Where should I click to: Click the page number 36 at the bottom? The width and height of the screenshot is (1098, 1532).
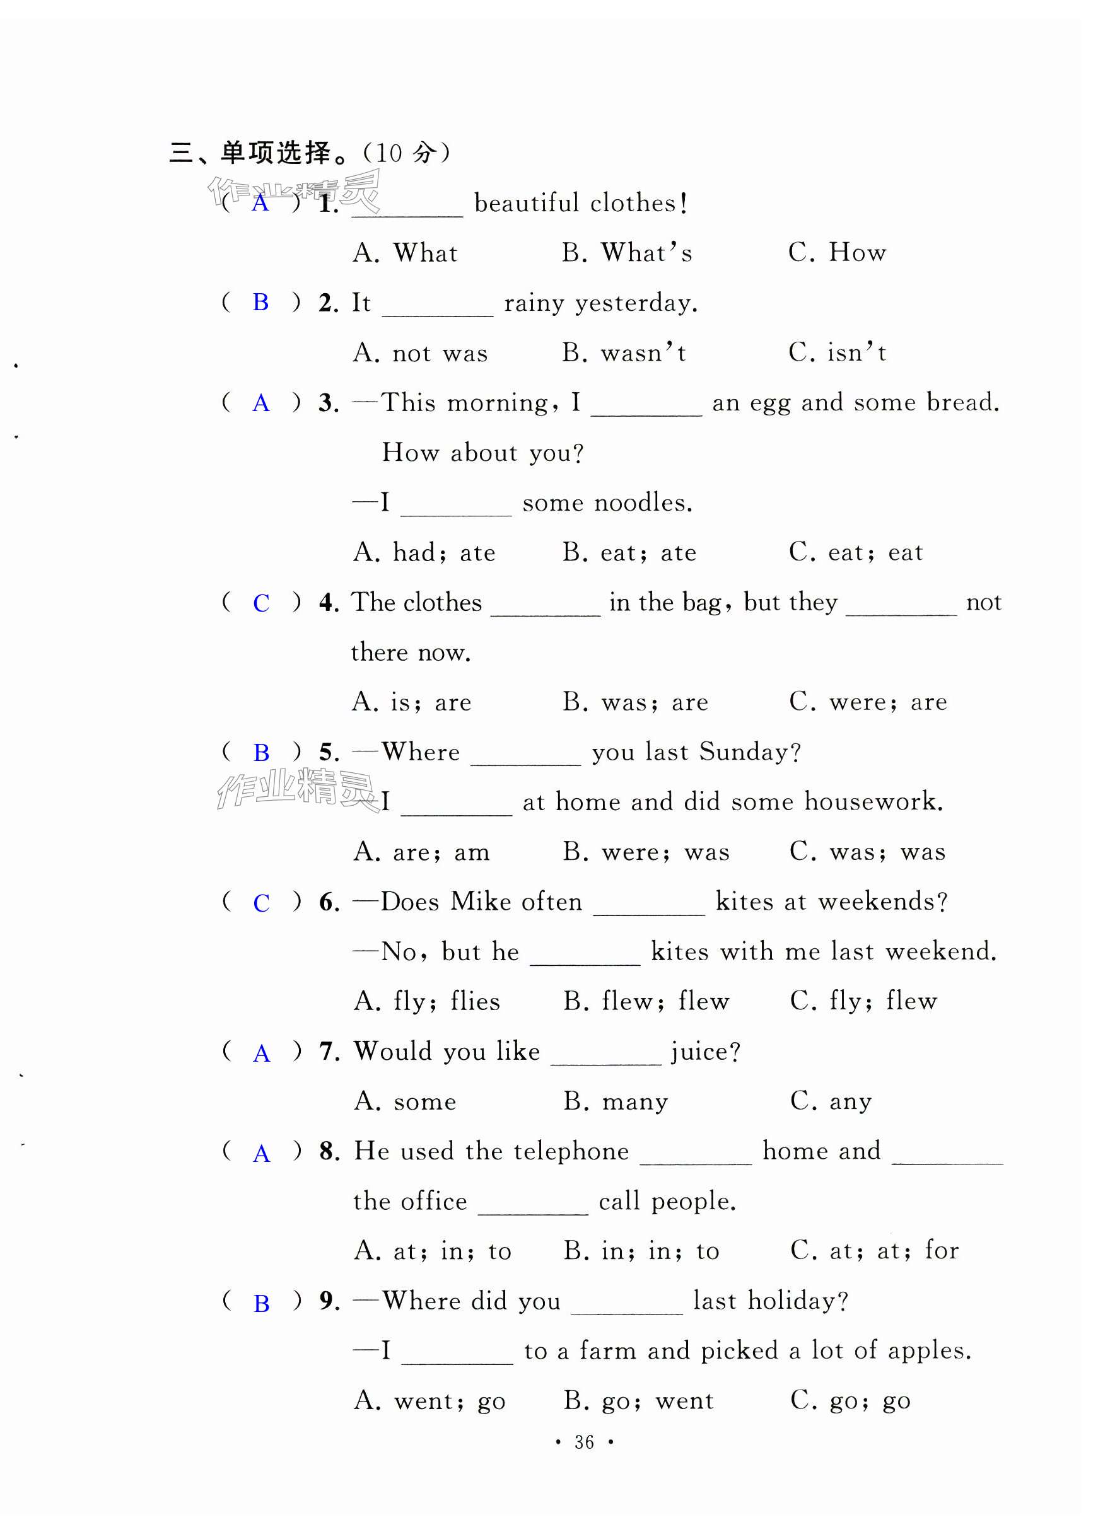click(584, 1442)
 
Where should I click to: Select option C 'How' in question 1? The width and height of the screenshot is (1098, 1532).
click(837, 253)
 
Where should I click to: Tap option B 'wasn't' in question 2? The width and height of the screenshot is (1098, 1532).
click(624, 352)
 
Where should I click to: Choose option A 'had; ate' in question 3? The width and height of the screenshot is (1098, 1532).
click(424, 552)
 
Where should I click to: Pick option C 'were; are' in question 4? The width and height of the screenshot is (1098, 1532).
click(868, 702)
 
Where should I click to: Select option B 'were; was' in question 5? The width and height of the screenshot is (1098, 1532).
click(646, 852)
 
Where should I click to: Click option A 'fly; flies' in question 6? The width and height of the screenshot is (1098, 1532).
click(427, 1001)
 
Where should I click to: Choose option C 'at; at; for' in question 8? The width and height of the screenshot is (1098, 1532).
click(874, 1250)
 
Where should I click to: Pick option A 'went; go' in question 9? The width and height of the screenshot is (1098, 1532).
click(429, 1400)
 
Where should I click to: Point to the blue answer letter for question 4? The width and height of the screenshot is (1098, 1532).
click(261, 603)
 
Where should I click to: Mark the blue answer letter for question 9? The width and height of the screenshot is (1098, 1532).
click(262, 1303)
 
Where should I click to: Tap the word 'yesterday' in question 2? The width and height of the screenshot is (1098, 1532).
click(634, 303)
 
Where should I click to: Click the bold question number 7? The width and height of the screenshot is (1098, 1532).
click(329, 1052)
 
